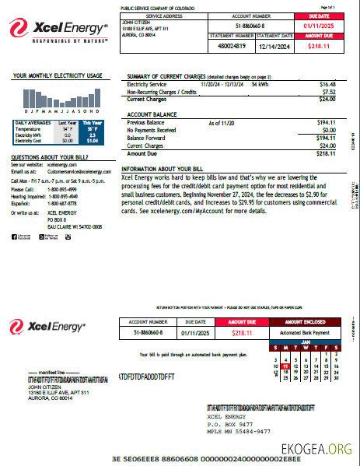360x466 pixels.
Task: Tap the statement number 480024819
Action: coord(232,45)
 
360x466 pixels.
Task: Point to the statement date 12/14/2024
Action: coord(274,45)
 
